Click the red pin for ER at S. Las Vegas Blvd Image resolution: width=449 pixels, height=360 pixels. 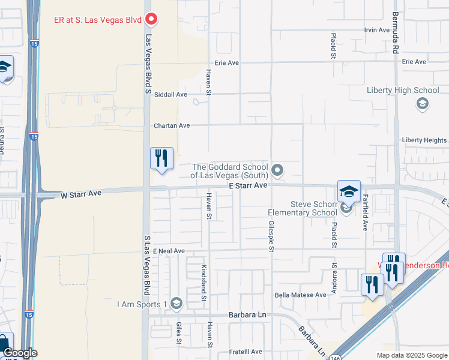coord(152,20)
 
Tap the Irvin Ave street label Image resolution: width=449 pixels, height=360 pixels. coord(377,30)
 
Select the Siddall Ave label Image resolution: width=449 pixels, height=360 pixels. coord(170,94)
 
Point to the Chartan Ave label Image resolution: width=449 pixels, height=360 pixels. coord(172,125)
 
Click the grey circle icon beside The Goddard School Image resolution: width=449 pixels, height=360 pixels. coord(277,171)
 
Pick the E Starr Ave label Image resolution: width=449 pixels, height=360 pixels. coord(248,186)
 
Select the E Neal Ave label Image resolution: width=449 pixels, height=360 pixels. coord(169,251)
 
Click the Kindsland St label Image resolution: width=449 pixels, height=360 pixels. coord(204,280)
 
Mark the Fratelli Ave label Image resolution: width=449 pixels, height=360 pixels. coord(246,352)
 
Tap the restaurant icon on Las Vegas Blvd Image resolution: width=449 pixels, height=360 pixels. coord(161,159)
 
